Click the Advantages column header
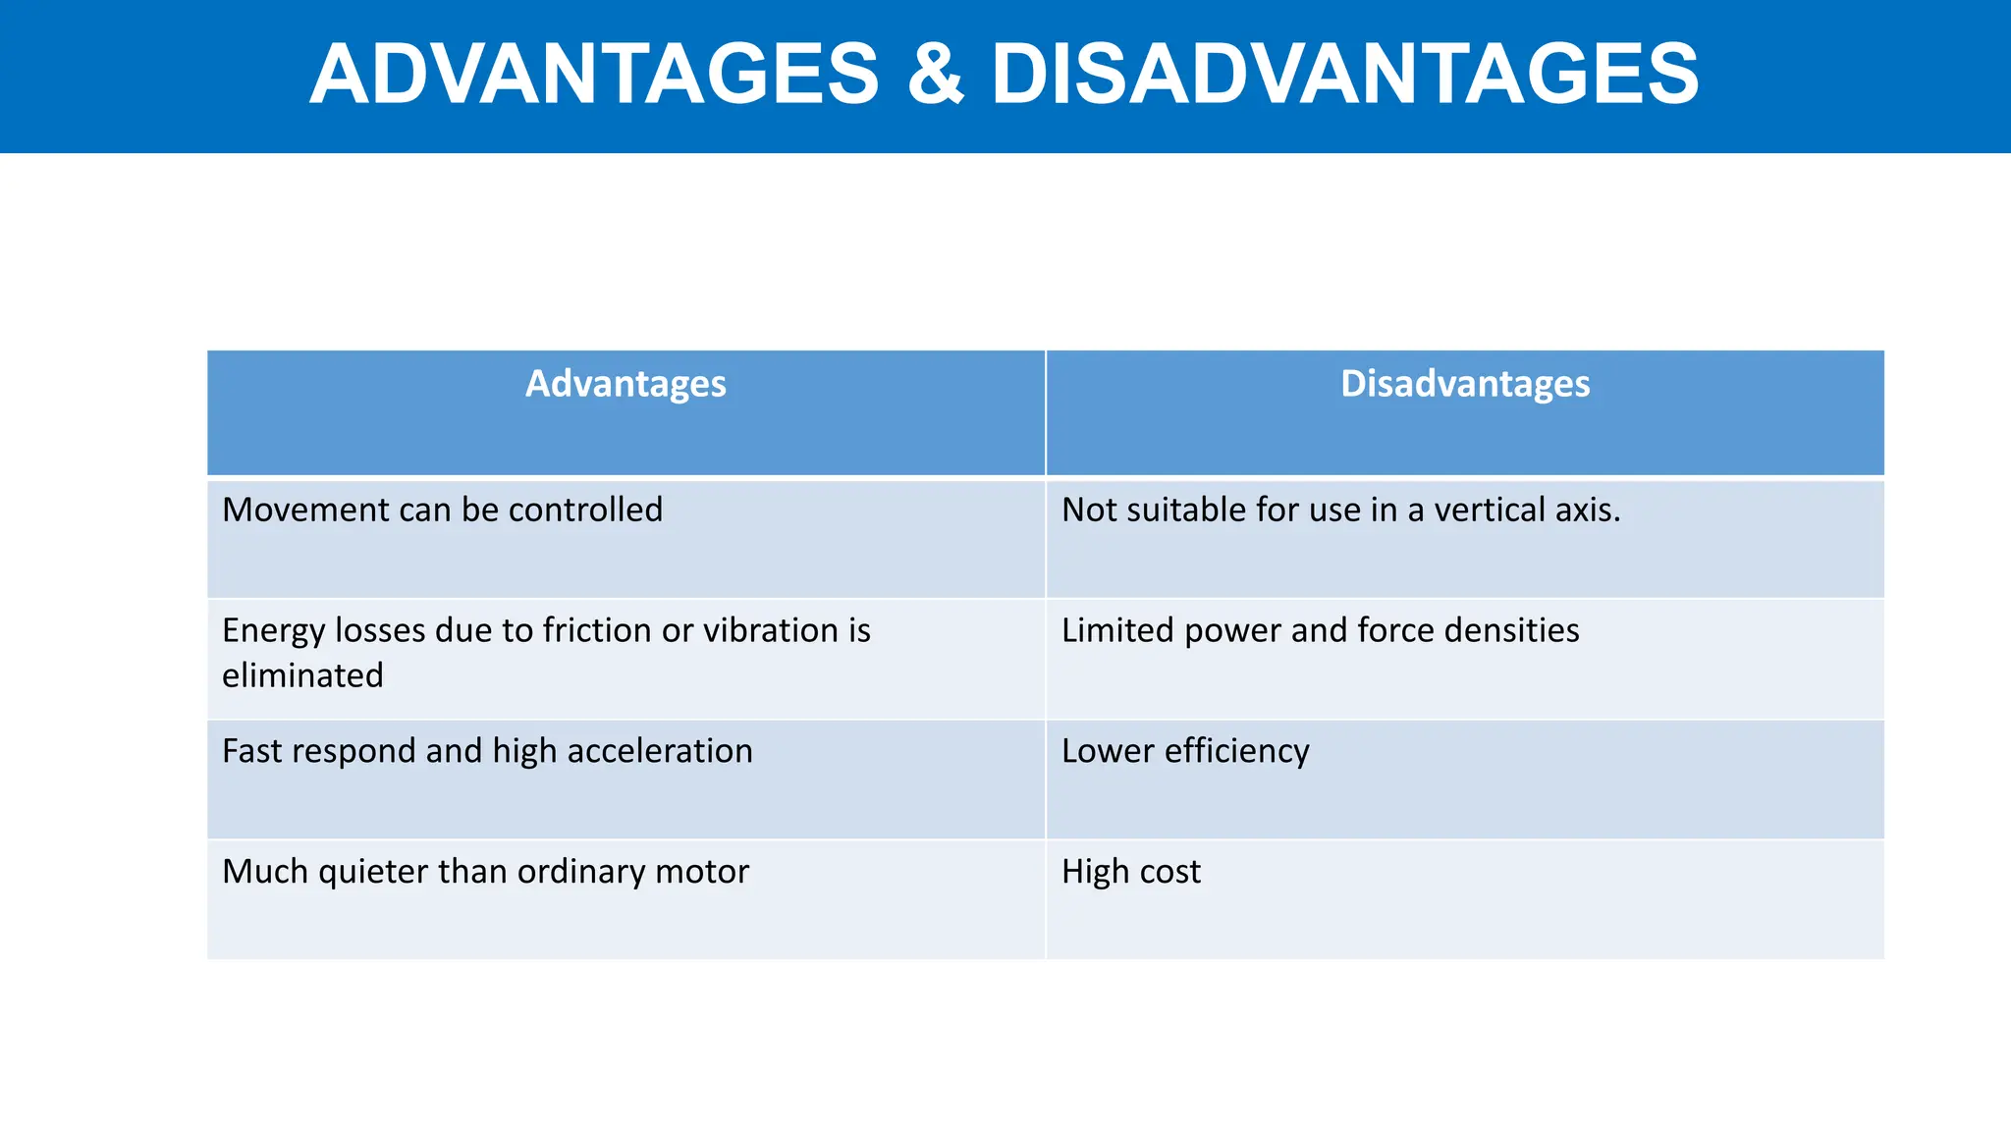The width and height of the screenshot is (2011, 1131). tap(625, 384)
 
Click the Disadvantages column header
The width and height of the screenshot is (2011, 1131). tap(1465, 384)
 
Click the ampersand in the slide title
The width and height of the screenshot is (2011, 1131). tap(935, 75)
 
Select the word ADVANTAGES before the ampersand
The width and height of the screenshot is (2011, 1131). tap(595, 75)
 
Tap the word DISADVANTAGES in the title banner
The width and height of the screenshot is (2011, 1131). tap(1344, 75)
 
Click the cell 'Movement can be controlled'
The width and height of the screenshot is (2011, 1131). tap(442, 511)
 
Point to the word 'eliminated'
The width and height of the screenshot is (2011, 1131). tap(302, 676)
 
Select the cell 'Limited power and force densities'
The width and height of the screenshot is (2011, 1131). tap(1320, 630)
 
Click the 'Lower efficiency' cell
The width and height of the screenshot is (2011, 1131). tap(1185, 751)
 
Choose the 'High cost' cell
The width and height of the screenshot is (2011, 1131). tap(1130, 872)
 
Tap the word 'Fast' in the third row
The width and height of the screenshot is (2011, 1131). tap(251, 751)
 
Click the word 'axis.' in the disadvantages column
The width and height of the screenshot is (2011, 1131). tap(1589, 511)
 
